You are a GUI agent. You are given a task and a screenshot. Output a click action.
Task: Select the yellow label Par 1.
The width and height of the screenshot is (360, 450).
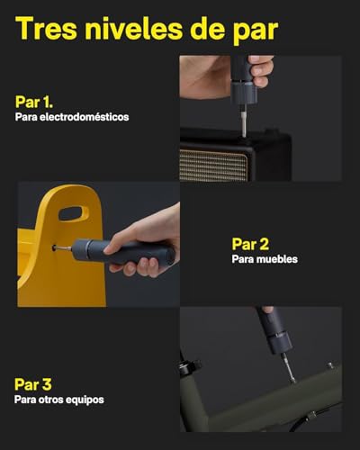[x=34, y=102]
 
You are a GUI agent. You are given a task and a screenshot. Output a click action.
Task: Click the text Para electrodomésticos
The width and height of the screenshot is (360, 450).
[x=72, y=117]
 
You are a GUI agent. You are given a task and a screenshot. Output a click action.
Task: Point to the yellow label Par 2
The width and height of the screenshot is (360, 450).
[x=250, y=244]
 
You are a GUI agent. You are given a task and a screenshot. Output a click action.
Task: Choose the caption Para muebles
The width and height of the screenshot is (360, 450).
[x=265, y=259]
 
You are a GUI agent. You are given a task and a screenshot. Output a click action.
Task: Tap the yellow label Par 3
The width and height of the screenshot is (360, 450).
[x=33, y=384]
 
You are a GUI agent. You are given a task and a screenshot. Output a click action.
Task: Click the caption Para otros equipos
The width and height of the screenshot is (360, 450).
[x=59, y=400]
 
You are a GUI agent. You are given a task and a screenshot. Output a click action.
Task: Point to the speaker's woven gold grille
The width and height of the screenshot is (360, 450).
[x=213, y=165]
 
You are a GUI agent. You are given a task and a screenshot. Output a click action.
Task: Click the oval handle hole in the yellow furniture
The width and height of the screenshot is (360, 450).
[x=73, y=213]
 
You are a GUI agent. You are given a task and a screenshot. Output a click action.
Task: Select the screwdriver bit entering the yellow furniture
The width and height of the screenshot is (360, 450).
[x=63, y=248]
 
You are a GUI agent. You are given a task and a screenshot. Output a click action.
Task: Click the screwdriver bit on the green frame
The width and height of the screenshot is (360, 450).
[x=288, y=368]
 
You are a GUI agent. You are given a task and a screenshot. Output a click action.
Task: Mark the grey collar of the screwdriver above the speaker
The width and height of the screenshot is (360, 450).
[x=244, y=93]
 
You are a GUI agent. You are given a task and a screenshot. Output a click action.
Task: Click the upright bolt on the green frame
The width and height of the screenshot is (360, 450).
[x=330, y=365]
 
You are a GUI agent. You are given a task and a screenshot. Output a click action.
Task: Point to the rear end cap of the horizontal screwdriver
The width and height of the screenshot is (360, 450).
[x=171, y=256]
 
